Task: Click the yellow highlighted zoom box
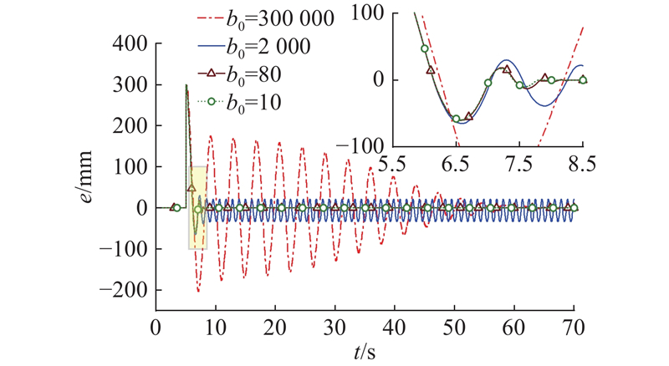point(197,207)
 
